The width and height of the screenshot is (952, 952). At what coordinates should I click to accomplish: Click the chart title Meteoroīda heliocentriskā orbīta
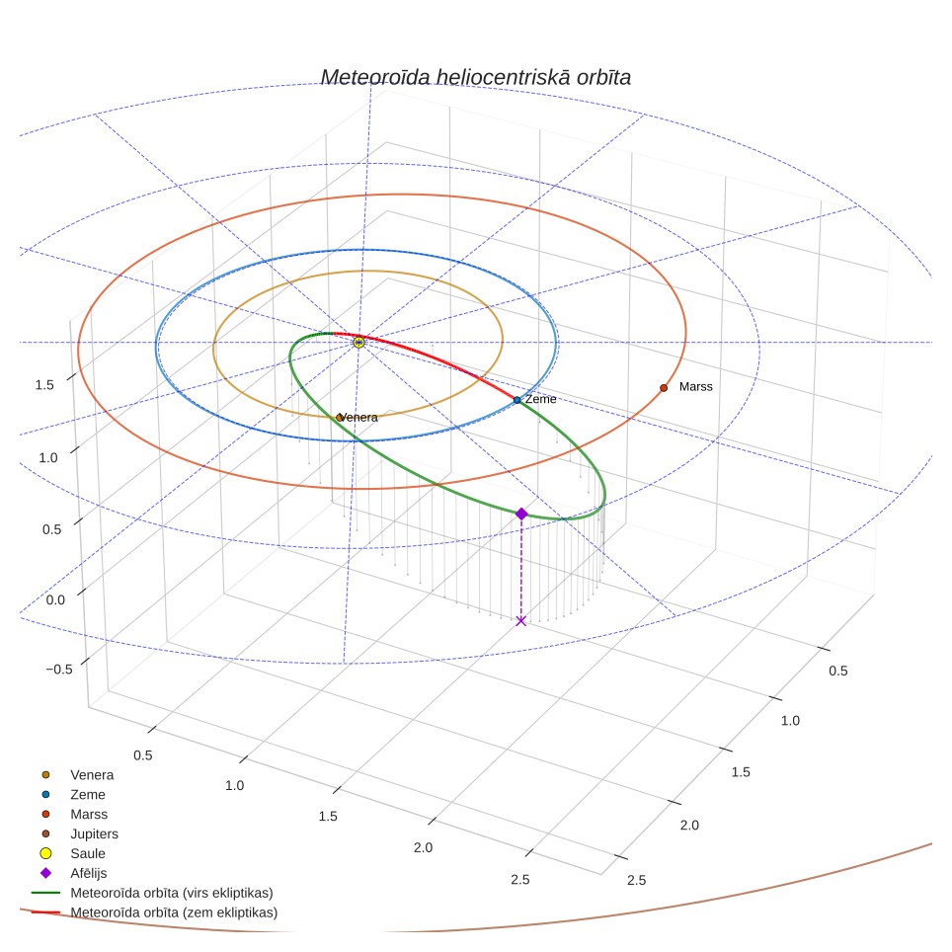point(475,77)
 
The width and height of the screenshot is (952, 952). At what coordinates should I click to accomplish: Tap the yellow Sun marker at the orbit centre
point(358,343)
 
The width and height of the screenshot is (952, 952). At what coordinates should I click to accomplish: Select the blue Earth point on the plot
point(516,400)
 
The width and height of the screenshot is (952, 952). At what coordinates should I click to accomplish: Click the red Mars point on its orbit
point(664,388)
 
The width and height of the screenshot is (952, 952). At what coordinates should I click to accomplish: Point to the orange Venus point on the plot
point(340,418)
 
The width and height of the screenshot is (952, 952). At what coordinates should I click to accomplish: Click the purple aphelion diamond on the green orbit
point(521,515)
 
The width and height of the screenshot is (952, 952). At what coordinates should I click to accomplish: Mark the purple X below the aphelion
point(520,620)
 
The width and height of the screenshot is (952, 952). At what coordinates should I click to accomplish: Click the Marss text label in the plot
point(696,387)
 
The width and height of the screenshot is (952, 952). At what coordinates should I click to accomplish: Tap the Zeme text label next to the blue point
point(540,399)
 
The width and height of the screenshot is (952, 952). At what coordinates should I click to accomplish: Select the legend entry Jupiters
point(94,833)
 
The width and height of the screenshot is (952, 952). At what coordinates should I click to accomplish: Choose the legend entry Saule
point(88,853)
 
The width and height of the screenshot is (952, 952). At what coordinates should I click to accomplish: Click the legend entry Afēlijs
point(88,873)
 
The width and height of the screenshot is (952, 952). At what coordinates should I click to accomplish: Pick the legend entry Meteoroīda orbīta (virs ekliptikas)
point(171,893)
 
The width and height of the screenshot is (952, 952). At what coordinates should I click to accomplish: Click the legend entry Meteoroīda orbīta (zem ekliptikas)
point(174,912)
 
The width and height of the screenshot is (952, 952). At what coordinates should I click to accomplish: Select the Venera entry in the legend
point(92,774)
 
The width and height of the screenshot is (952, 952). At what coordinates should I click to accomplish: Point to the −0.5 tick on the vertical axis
point(59,670)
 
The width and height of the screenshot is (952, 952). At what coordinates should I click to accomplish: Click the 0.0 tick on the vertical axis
point(55,599)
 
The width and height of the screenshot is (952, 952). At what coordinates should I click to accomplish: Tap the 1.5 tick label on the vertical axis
point(44,385)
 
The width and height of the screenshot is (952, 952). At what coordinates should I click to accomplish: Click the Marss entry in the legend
point(89,814)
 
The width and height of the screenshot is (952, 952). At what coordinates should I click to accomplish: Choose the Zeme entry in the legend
point(88,794)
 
